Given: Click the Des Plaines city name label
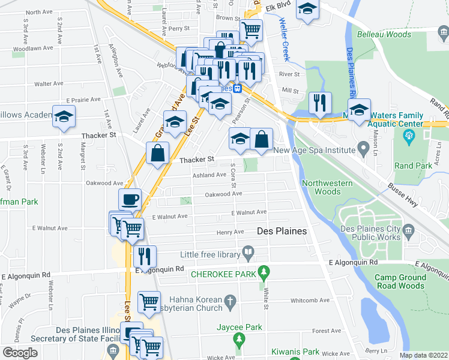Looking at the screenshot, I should pyautogui.click(x=282, y=231).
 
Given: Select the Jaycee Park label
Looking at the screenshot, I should pyautogui.click(x=240, y=328).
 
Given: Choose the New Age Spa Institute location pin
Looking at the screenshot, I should pyautogui.click(x=363, y=147).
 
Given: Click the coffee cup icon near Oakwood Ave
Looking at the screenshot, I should pyautogui.click(x=130, y=199).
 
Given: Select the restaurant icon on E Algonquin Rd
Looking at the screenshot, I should pyautogui.click(x=144, y=256).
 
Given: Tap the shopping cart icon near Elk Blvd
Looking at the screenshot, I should pyautogui.click(x=251, y=28).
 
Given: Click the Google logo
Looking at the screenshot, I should pyautogui.click(x=20, y=353).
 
